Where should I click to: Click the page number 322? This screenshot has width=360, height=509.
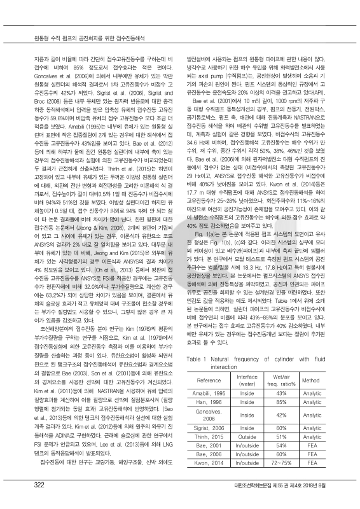coord(29,485)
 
